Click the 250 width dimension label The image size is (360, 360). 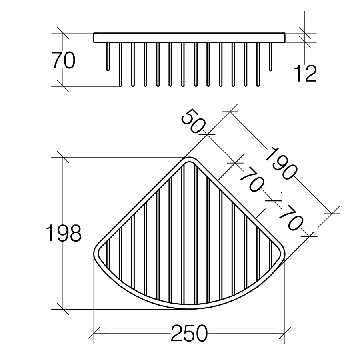click(x=189, y=333)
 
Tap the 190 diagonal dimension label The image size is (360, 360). click(x=282, y=163)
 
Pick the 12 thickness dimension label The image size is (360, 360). click(x=305, y=73)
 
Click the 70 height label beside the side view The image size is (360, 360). click(x=63, y=61)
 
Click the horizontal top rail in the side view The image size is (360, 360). click(x=189, y=38)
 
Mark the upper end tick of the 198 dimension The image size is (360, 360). click(x=63, y=157)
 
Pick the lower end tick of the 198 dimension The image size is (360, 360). click(x=63, y=309)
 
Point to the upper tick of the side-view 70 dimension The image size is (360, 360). click(x=63, y=33)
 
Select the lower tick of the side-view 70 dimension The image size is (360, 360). click(x=63, y=86)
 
